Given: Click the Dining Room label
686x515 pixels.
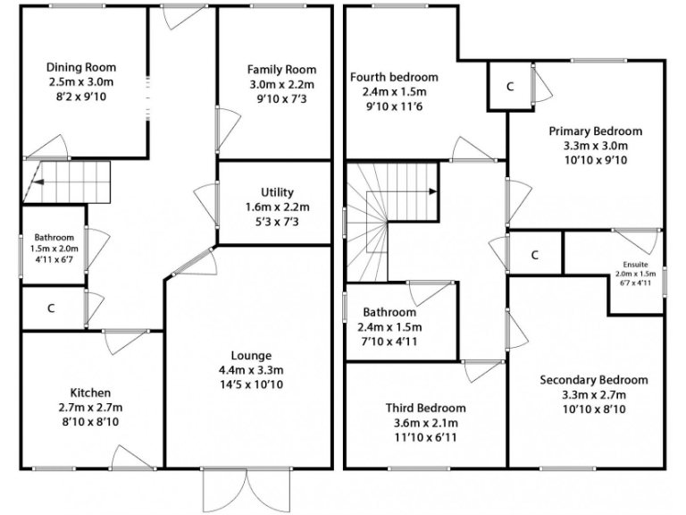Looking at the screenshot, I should (81, 67).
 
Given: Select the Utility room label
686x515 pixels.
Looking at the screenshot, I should (277, 192).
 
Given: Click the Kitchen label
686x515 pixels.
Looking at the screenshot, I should (90, 393).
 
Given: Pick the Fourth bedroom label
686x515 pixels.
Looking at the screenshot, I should (394, 76).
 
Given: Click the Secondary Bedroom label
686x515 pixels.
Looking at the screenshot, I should (594, 379).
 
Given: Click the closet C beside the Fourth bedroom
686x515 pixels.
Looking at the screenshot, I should (510, 87).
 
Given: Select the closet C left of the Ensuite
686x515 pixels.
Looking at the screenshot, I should (534, 254).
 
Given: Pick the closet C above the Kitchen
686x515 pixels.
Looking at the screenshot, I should (51, 308).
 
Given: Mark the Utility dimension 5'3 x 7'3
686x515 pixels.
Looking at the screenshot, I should (277, 221).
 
